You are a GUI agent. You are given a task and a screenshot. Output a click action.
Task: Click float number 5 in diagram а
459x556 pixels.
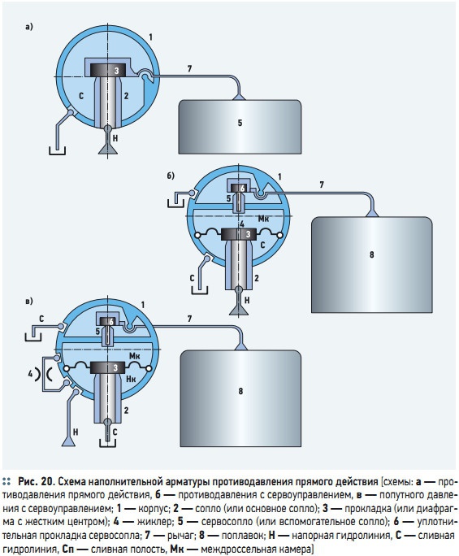[240, 127]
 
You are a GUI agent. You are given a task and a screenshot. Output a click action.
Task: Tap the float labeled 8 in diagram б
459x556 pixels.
[371, 264]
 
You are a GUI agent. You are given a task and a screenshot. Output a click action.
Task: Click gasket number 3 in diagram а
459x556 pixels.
[108, 70]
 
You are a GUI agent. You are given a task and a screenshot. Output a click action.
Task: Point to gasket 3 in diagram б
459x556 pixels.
[239, 233]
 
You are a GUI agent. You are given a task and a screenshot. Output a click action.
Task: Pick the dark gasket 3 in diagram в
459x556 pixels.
[108, 367]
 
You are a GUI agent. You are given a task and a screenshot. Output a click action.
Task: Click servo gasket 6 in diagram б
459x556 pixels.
[239, 189]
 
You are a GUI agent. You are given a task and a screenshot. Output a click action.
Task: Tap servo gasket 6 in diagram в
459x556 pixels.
[108, 322]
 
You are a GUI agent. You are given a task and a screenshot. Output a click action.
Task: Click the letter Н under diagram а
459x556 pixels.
[115, 138]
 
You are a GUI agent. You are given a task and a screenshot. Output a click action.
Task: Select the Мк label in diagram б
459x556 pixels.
[263, 219]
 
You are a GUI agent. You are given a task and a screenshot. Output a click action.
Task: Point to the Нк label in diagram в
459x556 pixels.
[131, 379]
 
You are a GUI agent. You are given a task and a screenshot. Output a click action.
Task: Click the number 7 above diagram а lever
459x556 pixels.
[189, 69]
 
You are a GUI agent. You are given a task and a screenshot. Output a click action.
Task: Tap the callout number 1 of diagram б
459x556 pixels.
[279, 176]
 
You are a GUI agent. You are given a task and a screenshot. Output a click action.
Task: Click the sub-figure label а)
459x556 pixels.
[29, 27]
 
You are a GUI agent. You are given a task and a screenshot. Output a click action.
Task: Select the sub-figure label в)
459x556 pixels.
[29, 302]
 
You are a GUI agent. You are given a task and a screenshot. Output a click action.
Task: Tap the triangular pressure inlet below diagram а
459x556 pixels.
[108, 150]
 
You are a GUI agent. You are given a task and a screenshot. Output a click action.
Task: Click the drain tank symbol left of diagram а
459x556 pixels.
[57, 150]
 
